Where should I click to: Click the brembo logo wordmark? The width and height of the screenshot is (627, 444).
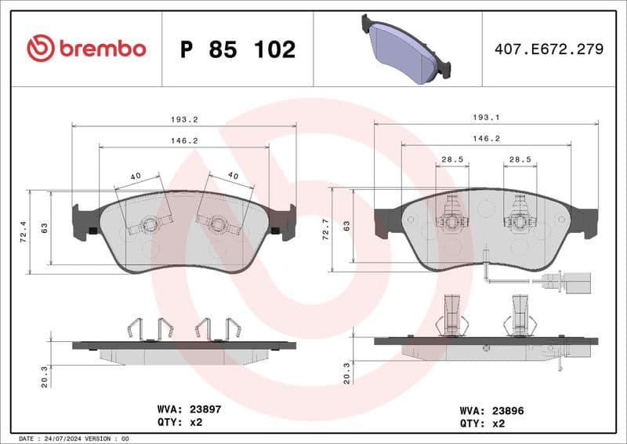(x=86, y=49)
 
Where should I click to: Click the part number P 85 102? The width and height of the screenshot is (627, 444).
(x=237, y=49)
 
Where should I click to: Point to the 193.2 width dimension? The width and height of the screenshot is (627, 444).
(x=184, y=119)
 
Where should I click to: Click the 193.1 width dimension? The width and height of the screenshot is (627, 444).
(x=487, y=117)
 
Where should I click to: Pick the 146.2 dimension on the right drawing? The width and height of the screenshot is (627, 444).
(x=486, y=139)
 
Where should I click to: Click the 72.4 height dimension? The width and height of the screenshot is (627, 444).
(x=23, y=231)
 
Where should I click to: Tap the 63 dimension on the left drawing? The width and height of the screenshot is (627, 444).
(x=45, y=228)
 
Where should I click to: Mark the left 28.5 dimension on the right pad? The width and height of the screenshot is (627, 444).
(x=452, y=159)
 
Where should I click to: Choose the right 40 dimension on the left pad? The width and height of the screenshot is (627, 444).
(x=233, y=176)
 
